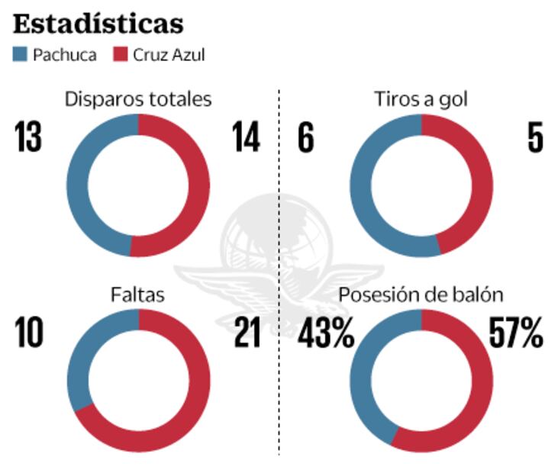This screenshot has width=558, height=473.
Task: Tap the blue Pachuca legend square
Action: pos(21,55)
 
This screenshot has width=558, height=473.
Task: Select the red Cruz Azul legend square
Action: pos(121,55)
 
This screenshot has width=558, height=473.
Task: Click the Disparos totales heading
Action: pos(138,99)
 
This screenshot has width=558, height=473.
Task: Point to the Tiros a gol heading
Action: pos(421,99)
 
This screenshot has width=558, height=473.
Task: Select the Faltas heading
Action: pos(138,294)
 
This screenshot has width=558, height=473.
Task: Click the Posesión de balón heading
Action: pos(421,294)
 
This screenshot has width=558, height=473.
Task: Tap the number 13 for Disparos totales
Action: pos(27,138)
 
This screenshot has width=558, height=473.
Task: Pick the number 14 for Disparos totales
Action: pos(246,138)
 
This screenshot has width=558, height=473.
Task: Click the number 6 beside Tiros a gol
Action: pos(306,138)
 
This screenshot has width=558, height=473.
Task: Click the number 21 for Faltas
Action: pos(247,333)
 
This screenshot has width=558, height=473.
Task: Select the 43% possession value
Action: pos(326,333)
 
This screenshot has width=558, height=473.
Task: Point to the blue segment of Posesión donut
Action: pos(360,381)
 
